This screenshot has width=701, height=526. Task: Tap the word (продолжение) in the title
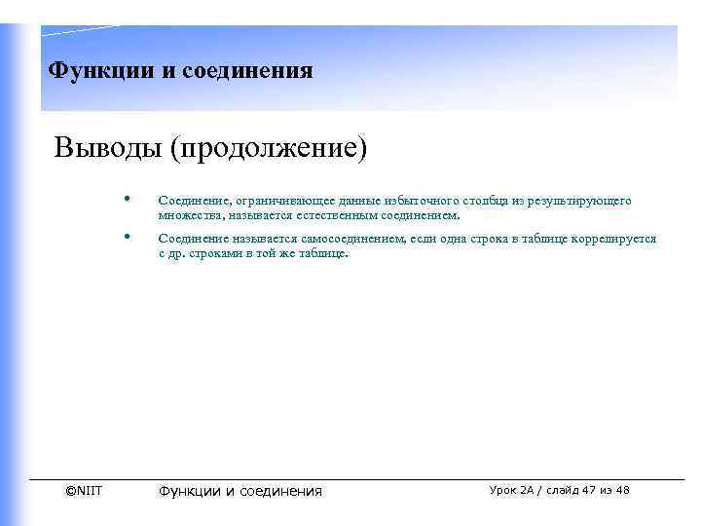[x=270, y=150]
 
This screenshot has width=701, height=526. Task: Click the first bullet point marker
[x=128, y=200]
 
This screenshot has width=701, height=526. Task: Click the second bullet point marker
[x=128, y=238]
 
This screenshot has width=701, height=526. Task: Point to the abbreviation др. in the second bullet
[x=178, y=253]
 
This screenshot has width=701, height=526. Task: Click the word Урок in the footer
[x=506, y=490]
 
